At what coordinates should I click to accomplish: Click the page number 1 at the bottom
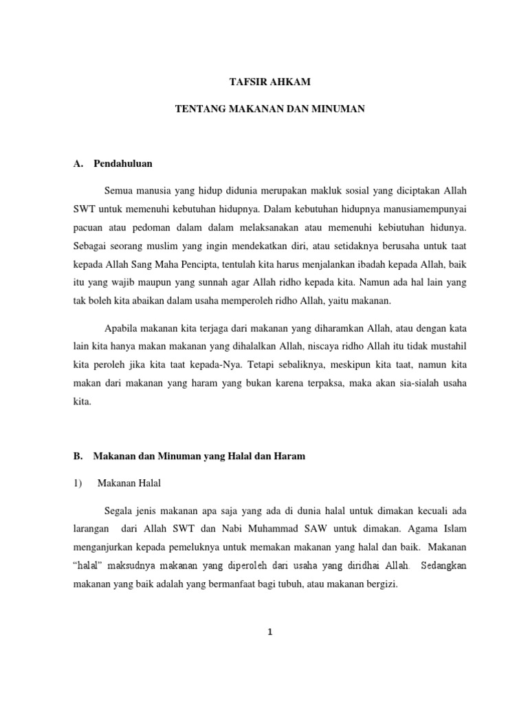pos(270,633)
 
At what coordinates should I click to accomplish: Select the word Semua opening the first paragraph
pos(118,189)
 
